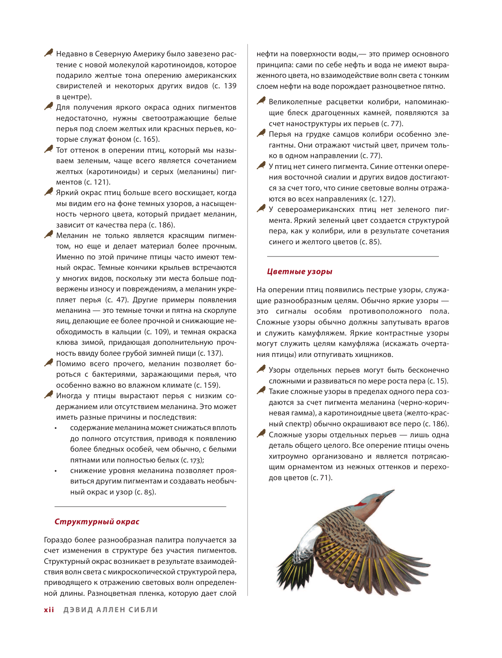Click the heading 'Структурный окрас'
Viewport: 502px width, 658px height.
coord(97,522)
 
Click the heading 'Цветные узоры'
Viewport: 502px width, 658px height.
coord(300,272)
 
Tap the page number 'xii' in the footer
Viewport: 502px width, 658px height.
coord(49,610)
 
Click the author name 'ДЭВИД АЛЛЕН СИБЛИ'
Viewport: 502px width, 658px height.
coord(111,610)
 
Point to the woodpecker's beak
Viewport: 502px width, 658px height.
coord(387,494)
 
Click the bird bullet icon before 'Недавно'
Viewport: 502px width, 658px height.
coord(49,53)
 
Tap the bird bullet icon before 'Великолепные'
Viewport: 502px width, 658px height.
coord(261,101)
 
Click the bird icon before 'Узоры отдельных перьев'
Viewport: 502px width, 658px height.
coord(261,369)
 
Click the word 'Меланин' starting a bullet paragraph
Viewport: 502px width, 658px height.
coord(72,236)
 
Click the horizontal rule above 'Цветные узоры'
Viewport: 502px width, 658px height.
coord(353,256)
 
